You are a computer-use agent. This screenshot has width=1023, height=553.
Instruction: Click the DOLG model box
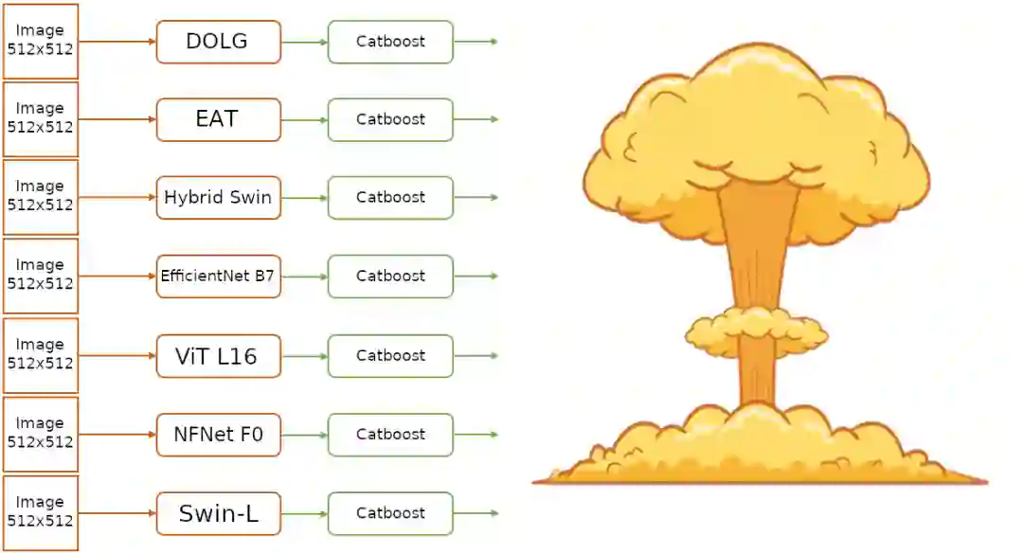coord(219,43)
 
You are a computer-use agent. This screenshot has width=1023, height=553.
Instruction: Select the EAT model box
coord(219,120)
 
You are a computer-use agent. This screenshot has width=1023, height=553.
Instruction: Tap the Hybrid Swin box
coord(219,198)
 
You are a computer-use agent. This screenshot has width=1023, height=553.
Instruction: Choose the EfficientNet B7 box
coord(219,276)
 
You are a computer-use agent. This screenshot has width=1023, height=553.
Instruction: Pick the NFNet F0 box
coord(219,435)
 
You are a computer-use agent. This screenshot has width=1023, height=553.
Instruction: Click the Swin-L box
coord(219,514)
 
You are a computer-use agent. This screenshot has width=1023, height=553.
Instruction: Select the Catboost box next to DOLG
coord(390,43)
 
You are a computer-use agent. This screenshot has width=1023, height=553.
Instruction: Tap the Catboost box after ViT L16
coord(390,356)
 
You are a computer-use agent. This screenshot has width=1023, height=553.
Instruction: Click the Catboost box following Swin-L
coord(390,513)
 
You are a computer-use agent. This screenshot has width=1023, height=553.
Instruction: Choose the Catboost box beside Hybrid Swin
coord(390,198)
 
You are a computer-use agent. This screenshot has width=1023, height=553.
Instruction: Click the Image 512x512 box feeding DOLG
coord(41,41)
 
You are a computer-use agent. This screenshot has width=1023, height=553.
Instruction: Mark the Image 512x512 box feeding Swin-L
coord(41,513)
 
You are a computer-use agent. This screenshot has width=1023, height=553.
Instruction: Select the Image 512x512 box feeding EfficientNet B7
coord(41,276)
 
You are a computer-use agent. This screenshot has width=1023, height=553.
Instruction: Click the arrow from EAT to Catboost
coord(305,120)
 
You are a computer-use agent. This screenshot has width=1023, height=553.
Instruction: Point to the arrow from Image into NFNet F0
coord(117,435)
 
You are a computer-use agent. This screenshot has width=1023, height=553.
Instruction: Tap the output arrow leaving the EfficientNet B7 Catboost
coord(476,276)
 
